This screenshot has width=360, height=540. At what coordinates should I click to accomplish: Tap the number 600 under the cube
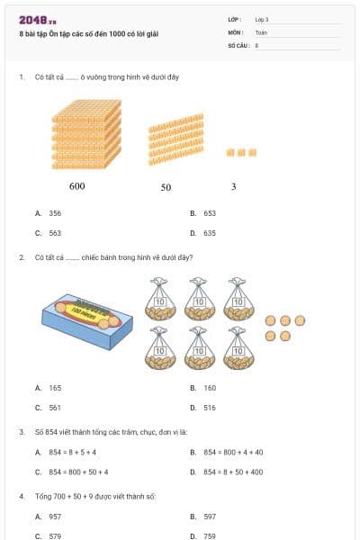pyautogui.click(x=76, y=186)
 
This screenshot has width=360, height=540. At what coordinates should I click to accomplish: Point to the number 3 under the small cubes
pyautogui.click(x=234, y=186)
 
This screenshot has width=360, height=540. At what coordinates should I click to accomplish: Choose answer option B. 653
pyautogui.click(x=204, y=214)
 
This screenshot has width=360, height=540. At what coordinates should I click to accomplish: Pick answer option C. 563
pyautogui.click(x=49, y=232)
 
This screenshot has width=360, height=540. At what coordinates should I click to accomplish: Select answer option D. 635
pyautogui.click(x=204, y=232)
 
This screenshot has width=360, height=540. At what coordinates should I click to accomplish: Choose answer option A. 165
pyautogui.click(x=49, y=388)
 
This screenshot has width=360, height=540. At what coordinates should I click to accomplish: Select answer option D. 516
pyautogui.click(x=204, y=407)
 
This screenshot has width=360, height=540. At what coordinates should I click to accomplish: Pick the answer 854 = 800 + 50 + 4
pyautogui.click(x=72, y=472)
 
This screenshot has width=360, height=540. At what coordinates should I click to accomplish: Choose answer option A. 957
pyautogui.click(x=49, y=517)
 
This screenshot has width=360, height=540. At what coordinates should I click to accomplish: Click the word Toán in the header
pyautogui.click(x=261, y=31)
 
